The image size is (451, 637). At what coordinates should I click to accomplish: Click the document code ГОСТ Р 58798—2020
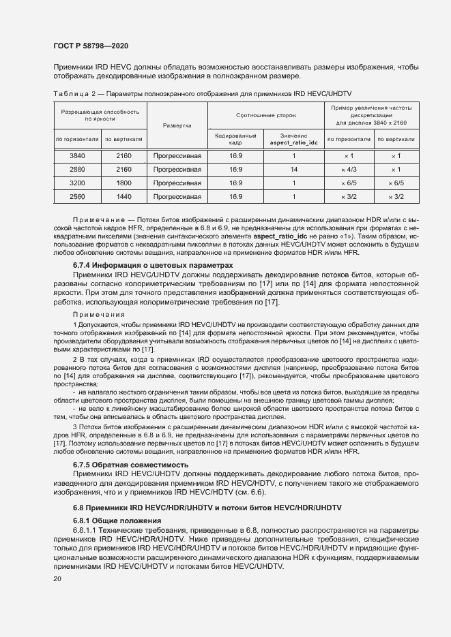(x=90, y=46)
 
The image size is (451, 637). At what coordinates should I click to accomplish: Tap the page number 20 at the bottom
(x=57, y=579)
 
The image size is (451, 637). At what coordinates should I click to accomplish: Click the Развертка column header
(x=177, y=125)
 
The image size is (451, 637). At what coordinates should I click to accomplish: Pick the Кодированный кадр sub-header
(x=235, y=139)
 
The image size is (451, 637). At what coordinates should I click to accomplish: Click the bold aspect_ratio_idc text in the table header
(x=294, y=143)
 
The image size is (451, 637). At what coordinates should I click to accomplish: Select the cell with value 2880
(x=77, y=169)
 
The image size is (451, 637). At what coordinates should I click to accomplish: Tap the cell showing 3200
(x=77, y=183)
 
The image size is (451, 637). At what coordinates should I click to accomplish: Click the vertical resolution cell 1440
(x=123, y=196)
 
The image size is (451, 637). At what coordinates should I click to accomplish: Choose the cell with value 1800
(x=123, y=183)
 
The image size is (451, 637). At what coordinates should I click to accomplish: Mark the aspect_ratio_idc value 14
(x=294, y=169)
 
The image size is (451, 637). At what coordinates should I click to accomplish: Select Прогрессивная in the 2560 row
(x=177, y=196)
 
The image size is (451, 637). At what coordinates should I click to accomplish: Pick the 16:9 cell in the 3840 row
(x=235, y=155)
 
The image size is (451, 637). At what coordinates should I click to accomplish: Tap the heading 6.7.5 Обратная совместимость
(x=130, y=465)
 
